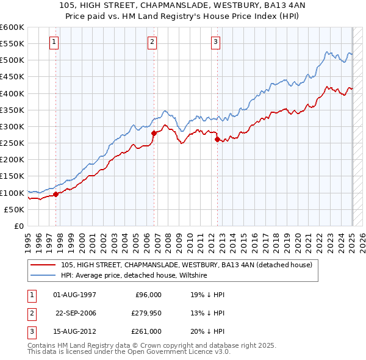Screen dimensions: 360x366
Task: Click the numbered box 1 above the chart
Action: [54, 42]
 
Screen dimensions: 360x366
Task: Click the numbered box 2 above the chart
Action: [152, 42]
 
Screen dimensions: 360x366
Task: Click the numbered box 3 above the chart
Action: [216, 42]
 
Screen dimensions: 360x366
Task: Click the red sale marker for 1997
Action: [56, 194]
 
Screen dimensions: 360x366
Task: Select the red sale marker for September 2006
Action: [154, 133]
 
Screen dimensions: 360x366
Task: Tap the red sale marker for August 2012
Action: [217, 139]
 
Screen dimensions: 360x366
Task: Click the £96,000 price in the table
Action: [148, 295]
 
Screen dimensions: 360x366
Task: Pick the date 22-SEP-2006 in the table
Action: [76, 313]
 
